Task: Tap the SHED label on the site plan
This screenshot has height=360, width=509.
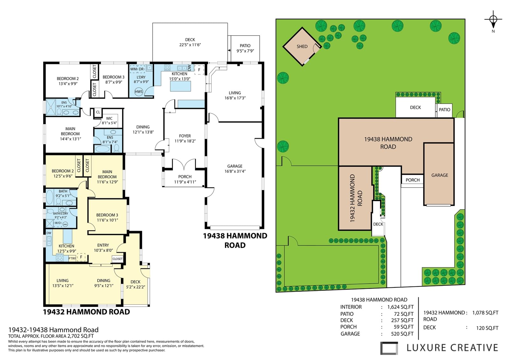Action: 302,46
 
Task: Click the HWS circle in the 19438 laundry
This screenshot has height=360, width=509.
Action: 139,92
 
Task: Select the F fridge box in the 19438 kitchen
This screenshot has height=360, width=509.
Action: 199,70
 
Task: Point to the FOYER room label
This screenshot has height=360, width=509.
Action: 185,136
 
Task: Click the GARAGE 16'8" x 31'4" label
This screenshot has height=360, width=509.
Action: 235,168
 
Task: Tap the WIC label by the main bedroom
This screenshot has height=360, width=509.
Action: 109,118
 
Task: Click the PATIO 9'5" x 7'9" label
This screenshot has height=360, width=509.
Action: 245,48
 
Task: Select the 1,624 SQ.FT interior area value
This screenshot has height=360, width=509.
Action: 401,307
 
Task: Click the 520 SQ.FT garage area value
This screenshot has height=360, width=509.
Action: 402,334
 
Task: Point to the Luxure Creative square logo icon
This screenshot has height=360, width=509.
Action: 389,348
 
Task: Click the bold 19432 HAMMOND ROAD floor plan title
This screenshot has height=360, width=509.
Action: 86,312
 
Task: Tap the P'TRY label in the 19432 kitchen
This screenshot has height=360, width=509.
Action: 72,258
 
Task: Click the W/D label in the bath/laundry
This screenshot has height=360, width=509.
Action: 58,223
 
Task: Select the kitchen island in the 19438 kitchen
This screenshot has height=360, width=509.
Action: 181,86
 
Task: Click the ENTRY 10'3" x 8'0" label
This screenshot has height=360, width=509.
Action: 103,248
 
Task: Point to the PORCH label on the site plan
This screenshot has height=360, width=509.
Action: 413,180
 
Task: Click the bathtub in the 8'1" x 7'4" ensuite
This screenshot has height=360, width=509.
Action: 102,149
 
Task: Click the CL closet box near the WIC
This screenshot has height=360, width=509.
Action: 98,112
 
